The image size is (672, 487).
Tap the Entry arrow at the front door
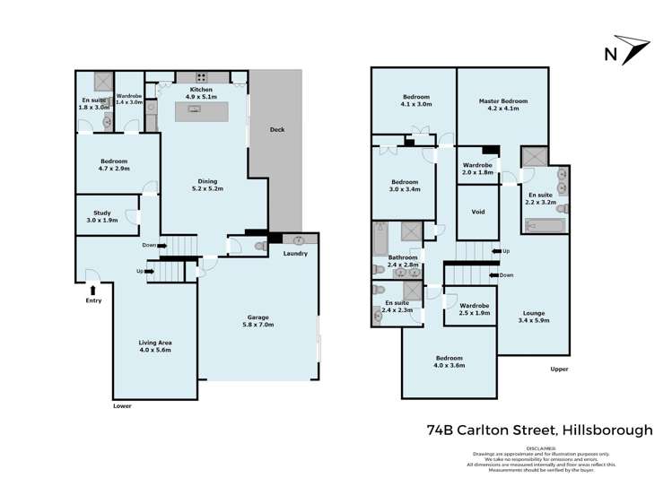click(92, 289)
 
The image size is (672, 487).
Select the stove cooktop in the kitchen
click(203, 77)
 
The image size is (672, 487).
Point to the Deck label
click(277, 130)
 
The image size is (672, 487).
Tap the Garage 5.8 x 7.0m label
click(258, 321)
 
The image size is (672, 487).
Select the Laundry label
click(295, 254)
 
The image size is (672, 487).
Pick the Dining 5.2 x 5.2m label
click(206, 186)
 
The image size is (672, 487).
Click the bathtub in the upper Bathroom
click(380, 240)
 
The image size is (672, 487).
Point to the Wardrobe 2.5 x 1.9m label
click(475, 310)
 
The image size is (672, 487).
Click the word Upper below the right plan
click(560, 369)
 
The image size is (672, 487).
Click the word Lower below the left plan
click(123, 405)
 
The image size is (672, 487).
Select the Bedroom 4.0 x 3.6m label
click(449, 361)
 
